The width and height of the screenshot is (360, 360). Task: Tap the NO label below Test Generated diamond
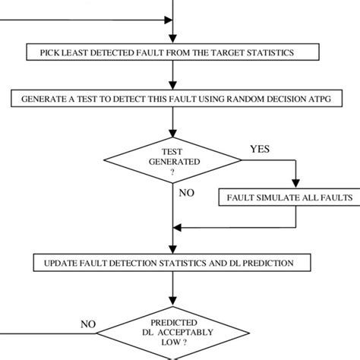[188, 192]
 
